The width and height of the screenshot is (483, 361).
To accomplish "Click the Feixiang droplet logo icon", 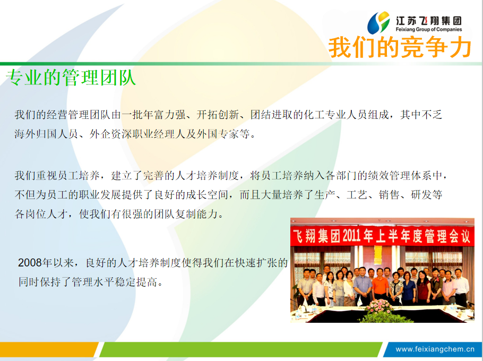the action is [378, 22].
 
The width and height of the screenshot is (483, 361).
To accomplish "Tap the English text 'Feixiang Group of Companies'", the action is [429, 30].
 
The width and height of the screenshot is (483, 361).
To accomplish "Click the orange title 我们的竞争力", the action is [400, 47].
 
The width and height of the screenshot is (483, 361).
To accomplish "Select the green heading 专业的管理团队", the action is [71, 78].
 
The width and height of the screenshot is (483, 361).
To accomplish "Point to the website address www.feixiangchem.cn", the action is [435, 349].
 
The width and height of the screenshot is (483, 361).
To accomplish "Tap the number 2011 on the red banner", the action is [351, 236].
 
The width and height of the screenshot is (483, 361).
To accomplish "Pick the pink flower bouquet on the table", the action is [379, 306].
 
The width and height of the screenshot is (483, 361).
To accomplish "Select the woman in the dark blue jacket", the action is [409, 288].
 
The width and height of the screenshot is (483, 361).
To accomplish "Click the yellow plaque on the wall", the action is [378, 254].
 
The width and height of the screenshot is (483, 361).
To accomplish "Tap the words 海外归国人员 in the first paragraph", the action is [46, 134].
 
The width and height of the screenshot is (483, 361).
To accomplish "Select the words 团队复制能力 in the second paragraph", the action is [186, 214].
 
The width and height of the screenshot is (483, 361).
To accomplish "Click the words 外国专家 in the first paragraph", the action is [218, 134].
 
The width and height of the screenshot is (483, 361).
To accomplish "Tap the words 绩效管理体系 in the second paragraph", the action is [400, 176].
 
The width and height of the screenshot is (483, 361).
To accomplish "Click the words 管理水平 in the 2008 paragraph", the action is [93, 282].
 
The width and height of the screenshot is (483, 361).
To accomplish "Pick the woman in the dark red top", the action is [423, 288].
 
